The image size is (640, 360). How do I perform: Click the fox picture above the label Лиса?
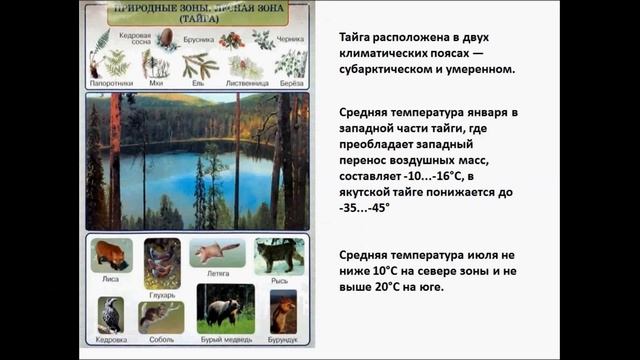[x=110, y=254]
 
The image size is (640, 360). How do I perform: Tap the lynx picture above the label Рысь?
[x=278, y=255]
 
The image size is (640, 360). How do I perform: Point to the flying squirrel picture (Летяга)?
[x=217, y=251]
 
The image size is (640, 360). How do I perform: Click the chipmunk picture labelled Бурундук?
[x=284, y=310]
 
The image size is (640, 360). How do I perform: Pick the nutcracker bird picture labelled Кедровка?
[x=111, y=313]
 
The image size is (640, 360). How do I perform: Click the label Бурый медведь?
[x=224, y=339]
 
